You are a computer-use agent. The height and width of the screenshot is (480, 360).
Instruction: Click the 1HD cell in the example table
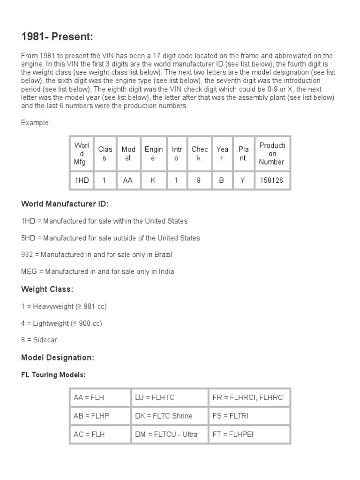[x=82, y=180]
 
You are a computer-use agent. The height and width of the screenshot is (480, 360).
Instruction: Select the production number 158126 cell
[x=271, y=180]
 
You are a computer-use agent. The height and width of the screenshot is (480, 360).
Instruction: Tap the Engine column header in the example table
[x=154, y=154]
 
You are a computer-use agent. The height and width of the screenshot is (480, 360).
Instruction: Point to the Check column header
[x=199, y=154]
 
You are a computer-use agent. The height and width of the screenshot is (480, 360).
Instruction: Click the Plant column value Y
[x=243, y=180]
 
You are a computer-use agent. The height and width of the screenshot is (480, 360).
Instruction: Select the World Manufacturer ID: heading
[x=65, y=204]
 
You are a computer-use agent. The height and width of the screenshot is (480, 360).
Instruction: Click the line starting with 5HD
[x=111, y=238]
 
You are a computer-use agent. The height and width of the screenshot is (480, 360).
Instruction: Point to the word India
[x=165, y=271]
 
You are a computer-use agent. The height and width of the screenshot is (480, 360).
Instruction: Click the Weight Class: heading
[x=47, y=289]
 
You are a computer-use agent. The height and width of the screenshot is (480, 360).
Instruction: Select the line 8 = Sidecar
[x=39, y=340]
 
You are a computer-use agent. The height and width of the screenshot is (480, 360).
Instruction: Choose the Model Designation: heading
[x=58, y=358]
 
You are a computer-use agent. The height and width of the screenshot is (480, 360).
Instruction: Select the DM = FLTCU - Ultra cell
[x=166, y=434]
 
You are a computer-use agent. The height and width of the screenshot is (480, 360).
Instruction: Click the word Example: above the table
[x=36, y=122]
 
